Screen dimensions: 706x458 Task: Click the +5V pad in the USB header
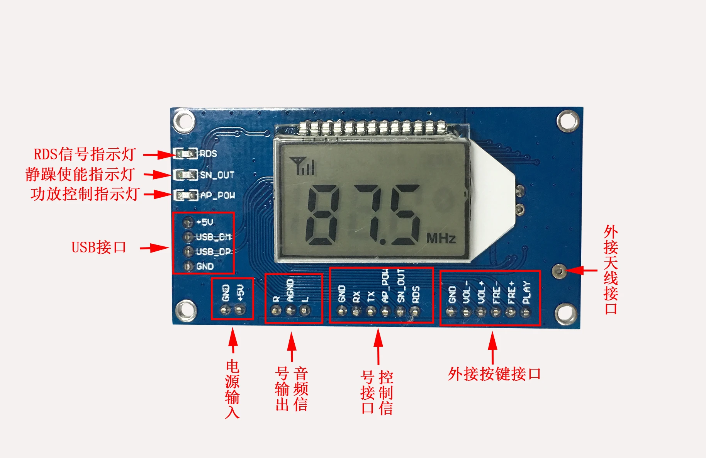pos(188,222)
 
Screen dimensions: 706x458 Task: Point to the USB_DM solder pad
pos(188,237)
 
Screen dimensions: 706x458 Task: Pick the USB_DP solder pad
pos(188,251)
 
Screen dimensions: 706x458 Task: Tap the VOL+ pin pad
pos(481,311)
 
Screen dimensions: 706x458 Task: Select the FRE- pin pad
pos(496,311)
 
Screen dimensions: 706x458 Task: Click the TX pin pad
pos(371,311)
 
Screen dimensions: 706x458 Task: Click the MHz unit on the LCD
pos(441,238)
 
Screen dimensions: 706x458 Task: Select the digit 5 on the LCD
pos(404,215)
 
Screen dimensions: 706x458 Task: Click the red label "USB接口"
pos(99,247)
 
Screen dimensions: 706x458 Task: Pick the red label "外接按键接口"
pos(494,374)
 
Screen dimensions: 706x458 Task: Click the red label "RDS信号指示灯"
pos(84,154)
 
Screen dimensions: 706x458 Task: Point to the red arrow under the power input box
pos(233,340)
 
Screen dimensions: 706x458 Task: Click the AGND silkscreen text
pos(290,290)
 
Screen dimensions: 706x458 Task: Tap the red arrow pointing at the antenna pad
pos(582,270)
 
